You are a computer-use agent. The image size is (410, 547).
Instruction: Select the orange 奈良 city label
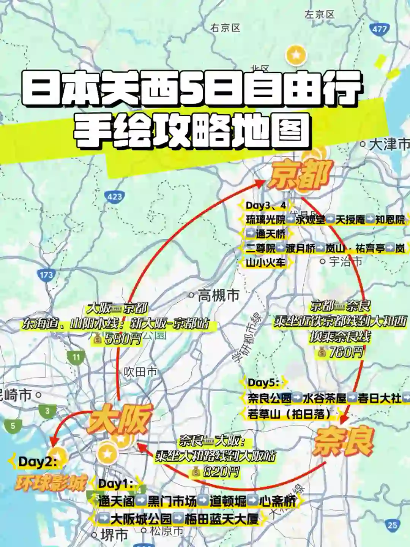tap(343, 441)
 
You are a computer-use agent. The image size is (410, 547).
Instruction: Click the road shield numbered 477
tap(379, 29)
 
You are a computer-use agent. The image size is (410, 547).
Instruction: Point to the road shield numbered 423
tap(115, 196)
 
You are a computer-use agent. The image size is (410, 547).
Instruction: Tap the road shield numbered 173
tap(46, 275)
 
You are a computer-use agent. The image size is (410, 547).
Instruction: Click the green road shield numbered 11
tap(76, 357)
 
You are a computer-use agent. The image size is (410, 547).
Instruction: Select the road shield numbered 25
tap(393, 525)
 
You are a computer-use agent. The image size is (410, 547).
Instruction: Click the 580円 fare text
tap(122, 338)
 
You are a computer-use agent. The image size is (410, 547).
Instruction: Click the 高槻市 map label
tap(218, 295)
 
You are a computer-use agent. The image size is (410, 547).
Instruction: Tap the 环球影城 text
tap(50, 483)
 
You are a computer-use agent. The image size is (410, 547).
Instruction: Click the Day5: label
tap(263, 383)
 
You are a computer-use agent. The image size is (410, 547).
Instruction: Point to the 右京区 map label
tap(225, 28)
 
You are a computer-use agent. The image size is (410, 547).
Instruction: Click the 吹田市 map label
tap(140, 372)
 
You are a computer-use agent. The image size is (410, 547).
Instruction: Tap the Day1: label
tap(115, 484)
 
